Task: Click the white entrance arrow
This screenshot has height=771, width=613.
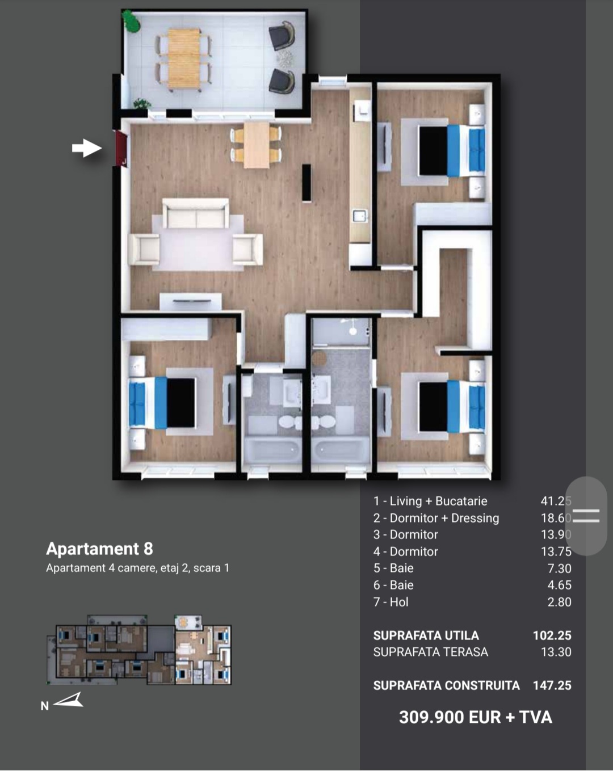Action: point(87,148)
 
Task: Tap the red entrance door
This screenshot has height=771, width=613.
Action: point(121,148)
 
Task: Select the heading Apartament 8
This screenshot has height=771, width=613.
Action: point(100,549)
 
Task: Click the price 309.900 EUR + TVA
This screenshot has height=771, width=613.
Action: point(476,717)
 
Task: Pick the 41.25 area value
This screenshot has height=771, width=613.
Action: point(556,501)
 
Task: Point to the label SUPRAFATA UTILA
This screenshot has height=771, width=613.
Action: point(426,635)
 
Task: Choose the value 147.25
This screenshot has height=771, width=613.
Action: point(552,685)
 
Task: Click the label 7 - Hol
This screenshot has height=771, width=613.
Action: point(391,602)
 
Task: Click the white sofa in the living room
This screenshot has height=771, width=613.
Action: point(196,213)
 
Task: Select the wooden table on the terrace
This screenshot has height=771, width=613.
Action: point(183,58)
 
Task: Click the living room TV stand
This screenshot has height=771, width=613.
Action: point(190,301)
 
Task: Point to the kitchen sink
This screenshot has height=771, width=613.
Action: point(359,217)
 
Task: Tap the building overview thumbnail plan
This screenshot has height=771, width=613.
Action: point(139,650)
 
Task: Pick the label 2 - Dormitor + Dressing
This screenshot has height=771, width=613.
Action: point(436,518)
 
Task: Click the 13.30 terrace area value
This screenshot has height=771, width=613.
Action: point(556,652)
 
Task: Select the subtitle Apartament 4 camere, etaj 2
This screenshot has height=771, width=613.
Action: point(114,568)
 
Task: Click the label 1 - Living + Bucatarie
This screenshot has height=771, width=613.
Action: point(431,501)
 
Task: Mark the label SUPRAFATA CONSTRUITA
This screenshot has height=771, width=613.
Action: point(447,685)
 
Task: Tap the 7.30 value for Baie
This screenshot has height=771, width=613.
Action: point(559,568)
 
